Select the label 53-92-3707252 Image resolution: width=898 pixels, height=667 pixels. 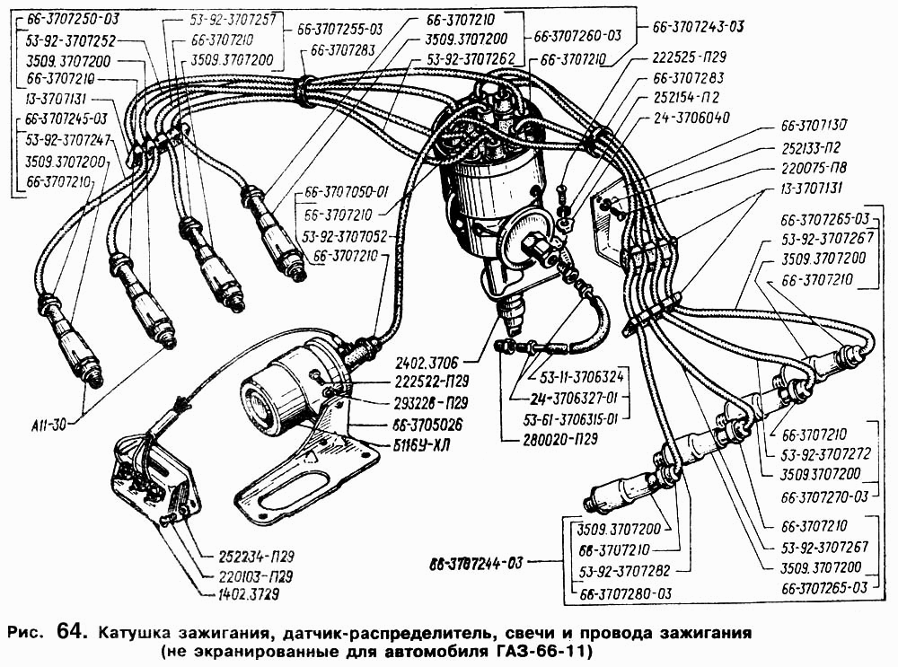73,40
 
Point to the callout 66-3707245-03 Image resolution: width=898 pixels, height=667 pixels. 67,118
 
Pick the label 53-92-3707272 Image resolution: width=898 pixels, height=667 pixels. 825,453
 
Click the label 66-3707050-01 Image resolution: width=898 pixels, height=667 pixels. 348,191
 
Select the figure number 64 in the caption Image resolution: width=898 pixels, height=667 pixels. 71,630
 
